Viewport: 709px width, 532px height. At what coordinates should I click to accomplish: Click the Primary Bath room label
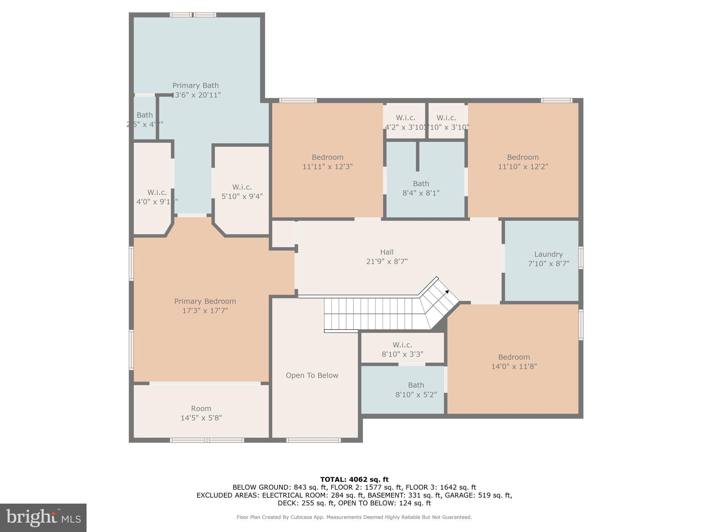(x=195, y=86)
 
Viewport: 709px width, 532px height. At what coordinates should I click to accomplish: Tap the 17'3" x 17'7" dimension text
(x=205, y=311)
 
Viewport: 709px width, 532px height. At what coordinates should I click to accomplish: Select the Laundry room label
(x=548, y=254)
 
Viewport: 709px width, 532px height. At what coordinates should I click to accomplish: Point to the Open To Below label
(x=312, y=375)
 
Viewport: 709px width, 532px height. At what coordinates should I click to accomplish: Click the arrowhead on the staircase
(x=447, y=292)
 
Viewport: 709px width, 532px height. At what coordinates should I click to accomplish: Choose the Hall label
(x=387, y=252)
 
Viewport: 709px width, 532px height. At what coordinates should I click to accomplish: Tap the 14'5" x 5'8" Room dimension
(x=201, y=418)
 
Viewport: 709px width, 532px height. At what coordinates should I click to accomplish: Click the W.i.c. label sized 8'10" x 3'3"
(x=402, y=345)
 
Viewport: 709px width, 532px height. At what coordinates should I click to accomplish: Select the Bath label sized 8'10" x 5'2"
(x=416, y=385)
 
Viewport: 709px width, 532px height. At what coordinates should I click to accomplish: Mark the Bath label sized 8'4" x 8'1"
(x=421, y=184)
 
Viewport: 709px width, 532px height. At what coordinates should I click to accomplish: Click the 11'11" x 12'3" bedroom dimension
(x=327, y=167)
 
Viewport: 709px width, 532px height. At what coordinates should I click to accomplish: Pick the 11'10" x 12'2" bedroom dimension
(x=523, y=167)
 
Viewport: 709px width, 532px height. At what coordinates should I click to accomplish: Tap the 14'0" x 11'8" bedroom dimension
(x=514, y=366)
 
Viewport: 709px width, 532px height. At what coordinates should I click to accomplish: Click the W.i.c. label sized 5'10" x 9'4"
(x=242, y=187)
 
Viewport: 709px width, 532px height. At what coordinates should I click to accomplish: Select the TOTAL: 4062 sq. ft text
(x=354, y=479)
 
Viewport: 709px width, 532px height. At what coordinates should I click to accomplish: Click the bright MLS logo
(x=43, y=517)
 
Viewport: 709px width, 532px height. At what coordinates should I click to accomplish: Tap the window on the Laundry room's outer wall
(x=581, y=258)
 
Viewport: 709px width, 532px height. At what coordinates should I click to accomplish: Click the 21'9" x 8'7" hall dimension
(x=387, y=261)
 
